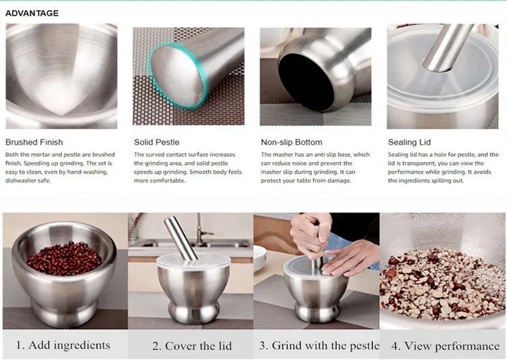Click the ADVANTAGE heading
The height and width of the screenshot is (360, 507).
click(32, 13)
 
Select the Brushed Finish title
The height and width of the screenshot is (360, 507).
click(34, 143)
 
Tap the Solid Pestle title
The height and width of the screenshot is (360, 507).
click(157, 143)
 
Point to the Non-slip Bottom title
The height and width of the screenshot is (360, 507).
click(291, 143)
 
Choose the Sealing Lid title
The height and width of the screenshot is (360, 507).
click(409, 143)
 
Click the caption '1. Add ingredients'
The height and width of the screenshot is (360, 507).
click(63, 345)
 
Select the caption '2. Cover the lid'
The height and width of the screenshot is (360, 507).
click(192, 346)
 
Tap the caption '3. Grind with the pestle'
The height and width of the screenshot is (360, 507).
click(319, 345)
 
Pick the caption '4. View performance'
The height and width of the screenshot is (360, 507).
click(445, 346)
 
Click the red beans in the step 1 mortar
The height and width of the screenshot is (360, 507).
click(64, 258)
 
